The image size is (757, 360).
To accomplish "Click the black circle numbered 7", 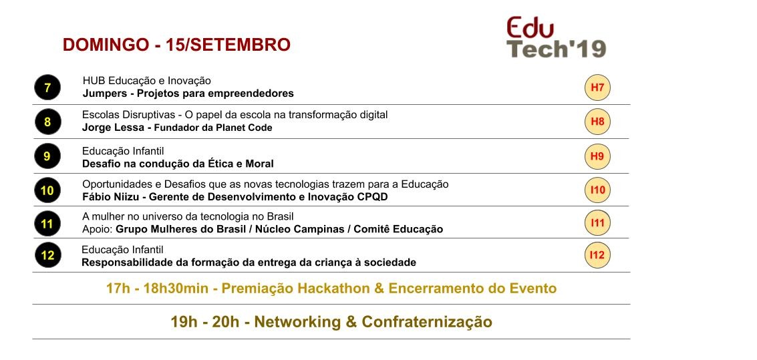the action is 47,87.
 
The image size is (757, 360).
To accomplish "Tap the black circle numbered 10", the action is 47,190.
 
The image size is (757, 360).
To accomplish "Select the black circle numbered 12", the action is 48,254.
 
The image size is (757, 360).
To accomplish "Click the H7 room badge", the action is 597,87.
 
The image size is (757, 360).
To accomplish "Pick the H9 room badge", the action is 597,156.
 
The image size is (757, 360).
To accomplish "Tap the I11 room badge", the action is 598,223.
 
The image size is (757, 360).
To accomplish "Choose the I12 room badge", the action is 597,254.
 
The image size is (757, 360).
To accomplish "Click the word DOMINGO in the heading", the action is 106,44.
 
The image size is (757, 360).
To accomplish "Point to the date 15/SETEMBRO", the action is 228,44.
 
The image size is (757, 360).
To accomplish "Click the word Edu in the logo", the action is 530,27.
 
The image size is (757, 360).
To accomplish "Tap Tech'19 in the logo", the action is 556,49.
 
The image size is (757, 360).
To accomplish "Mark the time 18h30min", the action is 176,289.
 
